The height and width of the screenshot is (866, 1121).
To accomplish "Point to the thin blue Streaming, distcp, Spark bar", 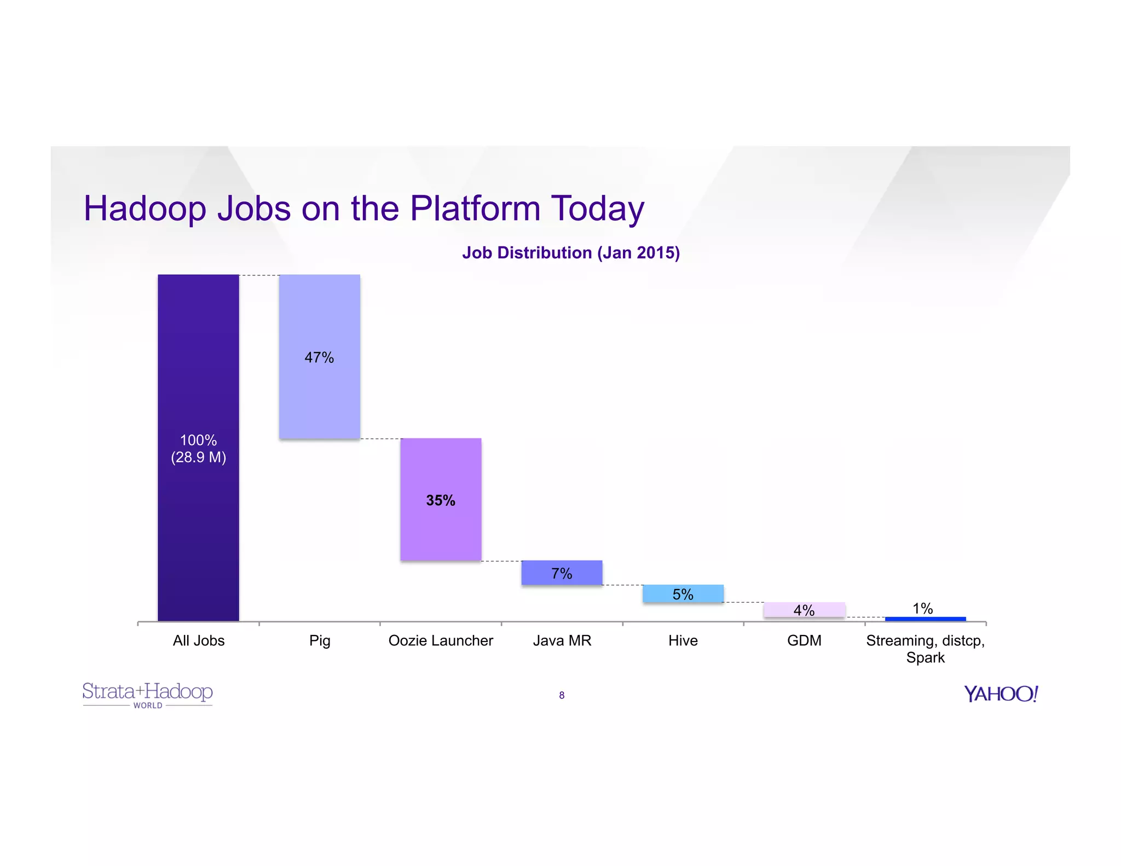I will click(925, 619).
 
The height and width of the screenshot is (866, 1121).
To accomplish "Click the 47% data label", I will click(319, 357).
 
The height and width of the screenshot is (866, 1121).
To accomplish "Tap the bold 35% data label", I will click(441, 500).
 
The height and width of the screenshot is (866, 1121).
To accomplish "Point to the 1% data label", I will click(923, 608).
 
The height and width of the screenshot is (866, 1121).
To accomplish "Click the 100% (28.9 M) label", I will click(198, 448).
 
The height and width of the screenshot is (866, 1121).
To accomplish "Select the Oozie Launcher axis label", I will click(441, 640).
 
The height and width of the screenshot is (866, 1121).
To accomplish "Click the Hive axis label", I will click(683, 640).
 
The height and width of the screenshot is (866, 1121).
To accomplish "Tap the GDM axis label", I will click(804, 640).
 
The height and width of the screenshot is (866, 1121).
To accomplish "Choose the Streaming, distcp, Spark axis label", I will click(925, 649).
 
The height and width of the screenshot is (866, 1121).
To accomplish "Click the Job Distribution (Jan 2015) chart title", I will click(571, 253).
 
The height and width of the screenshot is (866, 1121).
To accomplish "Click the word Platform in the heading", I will click(475, 209).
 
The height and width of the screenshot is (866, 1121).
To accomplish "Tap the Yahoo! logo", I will click(1001, 694).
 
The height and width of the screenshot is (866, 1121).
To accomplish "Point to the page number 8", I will click(562, 695).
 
